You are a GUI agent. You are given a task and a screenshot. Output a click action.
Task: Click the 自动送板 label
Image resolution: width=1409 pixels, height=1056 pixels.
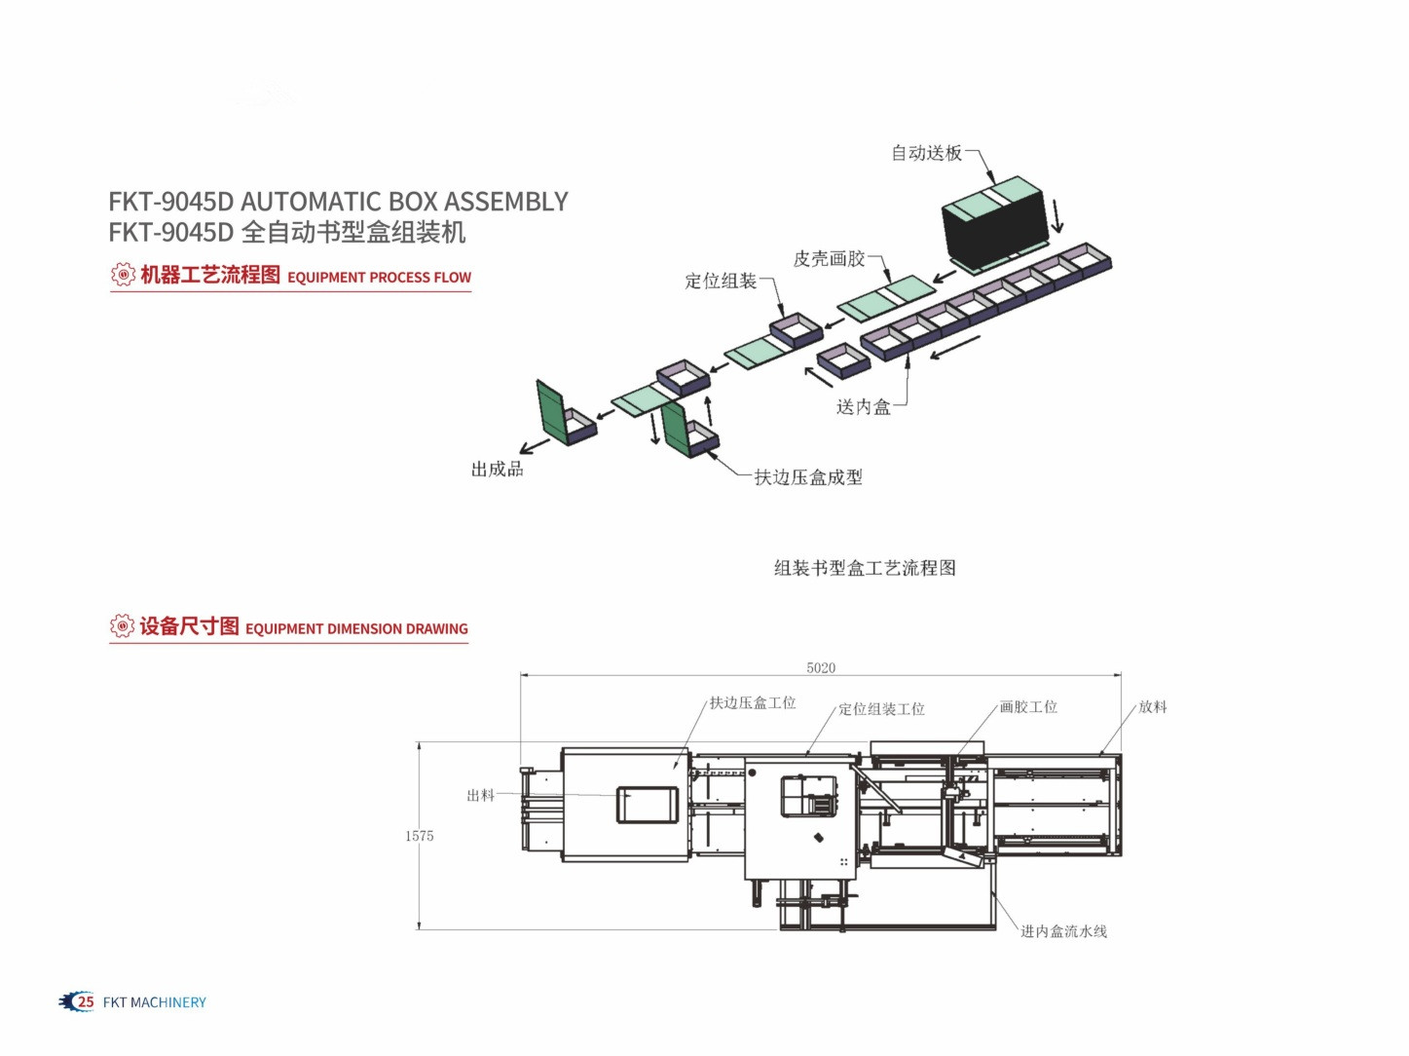click(x=926, y=153)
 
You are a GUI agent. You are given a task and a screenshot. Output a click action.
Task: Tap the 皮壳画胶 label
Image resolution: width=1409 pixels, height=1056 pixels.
click(x=829, y=259)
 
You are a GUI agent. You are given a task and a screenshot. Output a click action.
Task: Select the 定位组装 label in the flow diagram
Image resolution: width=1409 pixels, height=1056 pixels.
click(x=721, y=281)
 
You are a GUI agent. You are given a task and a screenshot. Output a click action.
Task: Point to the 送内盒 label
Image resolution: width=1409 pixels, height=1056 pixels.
click(x=864, y=406)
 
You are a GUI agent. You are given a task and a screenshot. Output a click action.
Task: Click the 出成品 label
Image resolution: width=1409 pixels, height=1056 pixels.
click(x=498, y=470)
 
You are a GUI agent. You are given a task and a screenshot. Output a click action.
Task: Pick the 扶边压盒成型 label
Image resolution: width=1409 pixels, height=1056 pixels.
click(x=808, y=477)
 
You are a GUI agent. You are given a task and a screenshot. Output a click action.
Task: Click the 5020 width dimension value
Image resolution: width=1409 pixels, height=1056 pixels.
click(x=821, y=667)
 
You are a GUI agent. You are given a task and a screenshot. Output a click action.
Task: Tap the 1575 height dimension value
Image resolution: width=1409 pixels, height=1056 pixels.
click(x=419, y=836)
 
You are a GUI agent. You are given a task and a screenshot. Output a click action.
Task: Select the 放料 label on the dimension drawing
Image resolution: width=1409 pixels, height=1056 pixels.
click(x=1153, y=707)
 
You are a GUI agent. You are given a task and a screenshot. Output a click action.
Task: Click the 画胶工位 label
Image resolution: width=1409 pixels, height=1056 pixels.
click(x=1028, y=707)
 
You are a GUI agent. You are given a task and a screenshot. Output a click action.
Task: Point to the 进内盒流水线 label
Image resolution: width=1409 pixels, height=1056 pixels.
click(x=1063, y=931)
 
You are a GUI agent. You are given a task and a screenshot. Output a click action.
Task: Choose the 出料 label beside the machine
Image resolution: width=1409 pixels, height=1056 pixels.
click(x=481, y=795)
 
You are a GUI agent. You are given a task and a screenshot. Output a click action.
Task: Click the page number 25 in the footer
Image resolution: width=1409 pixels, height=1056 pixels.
click(x=86, y=1001)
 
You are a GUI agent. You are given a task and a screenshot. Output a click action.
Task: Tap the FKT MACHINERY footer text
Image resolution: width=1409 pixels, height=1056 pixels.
click(x=155, y=1002)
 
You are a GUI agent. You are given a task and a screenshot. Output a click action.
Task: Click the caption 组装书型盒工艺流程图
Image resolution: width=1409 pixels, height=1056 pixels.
click(x=865, y=568)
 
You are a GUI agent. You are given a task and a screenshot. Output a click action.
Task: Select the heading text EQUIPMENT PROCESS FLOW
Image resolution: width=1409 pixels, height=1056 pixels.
click(x=380, y=278)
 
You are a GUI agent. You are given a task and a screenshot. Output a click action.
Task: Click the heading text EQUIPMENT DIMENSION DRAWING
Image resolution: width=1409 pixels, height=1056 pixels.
click(x=357, y=628)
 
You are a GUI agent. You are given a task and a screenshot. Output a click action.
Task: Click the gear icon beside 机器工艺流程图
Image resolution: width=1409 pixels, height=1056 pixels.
click(x=123, y=275)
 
